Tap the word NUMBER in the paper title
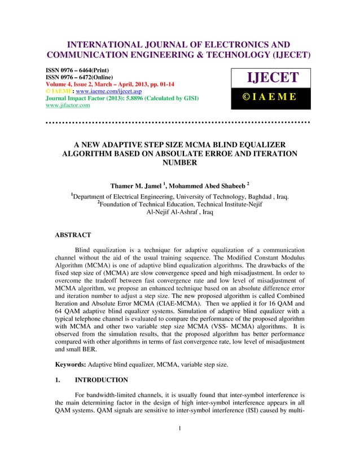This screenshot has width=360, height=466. click(x=179, y=163)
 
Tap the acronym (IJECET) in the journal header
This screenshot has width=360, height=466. click(x=287, y=56)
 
